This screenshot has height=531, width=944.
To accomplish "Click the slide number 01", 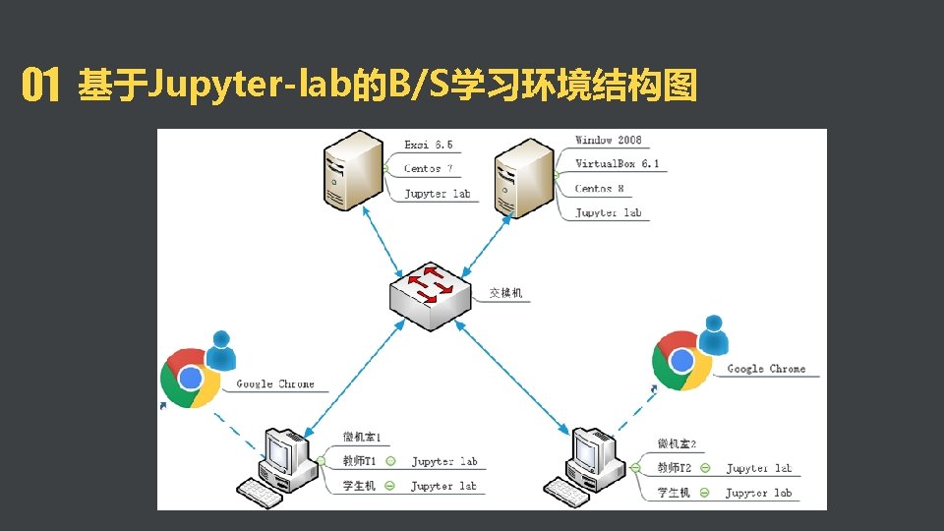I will point(40,87).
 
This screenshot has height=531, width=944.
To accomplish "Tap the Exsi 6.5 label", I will point(429,145).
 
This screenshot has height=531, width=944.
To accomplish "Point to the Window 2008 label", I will point(609,141).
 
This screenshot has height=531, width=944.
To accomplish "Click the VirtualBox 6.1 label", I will point(618,164).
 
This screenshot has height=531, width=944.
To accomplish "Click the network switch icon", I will point(429,291).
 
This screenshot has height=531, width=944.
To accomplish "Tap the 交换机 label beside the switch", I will point(505,293).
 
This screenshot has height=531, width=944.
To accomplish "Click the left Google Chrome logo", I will point(190,379).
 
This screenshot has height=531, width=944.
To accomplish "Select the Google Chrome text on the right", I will point(766,369).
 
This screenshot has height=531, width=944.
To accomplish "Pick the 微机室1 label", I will point(362,437).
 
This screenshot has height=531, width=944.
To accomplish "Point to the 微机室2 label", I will point(677,444).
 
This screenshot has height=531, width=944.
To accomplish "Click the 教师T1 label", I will point(359,461).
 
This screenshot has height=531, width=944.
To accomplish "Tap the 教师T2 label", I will point(675,468).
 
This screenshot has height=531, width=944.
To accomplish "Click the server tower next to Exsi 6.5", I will point(351,173).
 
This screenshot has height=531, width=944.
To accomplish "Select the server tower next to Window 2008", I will point(524,177).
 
